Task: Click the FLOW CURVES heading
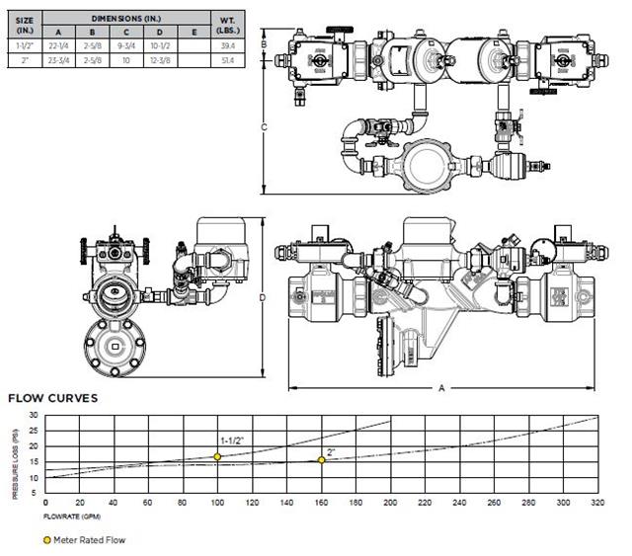click(52, 399)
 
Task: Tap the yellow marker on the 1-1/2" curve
click(217, 456)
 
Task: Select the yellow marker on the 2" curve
click(321, 460)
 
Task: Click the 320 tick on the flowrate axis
click(596, 503)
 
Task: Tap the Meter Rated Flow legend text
click(90, 540)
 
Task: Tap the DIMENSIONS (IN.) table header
click(127, 17)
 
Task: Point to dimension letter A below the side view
click(441, 388)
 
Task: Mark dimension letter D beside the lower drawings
click(263, 295)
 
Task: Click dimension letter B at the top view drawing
click(263, 44)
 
